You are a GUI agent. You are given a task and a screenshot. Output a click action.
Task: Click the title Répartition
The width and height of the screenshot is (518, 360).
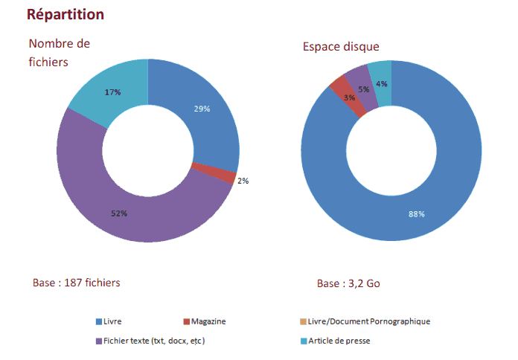click(65, 15)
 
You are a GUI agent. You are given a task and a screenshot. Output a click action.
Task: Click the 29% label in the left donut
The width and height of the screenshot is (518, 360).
click(202, 109)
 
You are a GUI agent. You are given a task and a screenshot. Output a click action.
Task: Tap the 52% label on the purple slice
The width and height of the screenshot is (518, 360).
click(119, 213)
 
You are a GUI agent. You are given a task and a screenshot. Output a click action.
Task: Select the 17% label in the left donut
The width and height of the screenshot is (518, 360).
click(113, 92)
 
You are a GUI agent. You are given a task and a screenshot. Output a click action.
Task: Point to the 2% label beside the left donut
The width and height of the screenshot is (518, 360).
click(243, 181)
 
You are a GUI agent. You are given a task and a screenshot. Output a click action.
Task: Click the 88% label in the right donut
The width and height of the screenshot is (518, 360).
click(416, 214)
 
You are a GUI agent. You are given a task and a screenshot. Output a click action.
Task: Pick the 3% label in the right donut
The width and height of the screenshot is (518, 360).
click(349, 97)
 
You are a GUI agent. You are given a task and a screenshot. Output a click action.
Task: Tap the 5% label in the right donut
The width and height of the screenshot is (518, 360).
click(364, 89)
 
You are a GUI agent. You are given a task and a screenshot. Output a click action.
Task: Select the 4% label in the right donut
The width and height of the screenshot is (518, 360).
click(381, 84)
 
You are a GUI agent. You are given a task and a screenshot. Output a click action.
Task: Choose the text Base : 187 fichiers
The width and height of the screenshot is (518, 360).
click(77, 283)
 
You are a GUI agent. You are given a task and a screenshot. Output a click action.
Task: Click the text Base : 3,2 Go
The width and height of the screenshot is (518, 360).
click(349, 284)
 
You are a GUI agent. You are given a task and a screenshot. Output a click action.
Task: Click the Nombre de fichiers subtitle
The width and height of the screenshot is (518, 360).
click(60, 52)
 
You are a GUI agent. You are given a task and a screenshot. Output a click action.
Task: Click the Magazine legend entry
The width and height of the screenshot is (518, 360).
click(204, 321)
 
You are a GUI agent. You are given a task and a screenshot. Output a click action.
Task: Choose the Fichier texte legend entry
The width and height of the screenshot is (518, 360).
click(150, 341)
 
